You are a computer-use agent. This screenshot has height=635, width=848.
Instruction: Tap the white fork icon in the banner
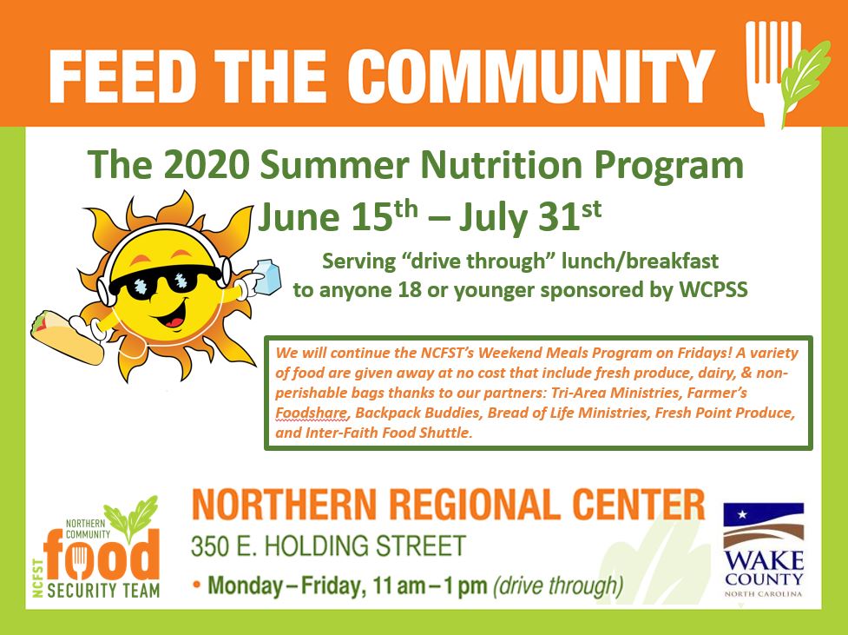(x=772, y=70)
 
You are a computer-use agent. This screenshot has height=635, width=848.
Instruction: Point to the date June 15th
(x=338, y=216)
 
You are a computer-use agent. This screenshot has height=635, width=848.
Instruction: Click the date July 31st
(x=530, y=216)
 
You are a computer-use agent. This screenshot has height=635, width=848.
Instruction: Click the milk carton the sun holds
(x=267, y=276)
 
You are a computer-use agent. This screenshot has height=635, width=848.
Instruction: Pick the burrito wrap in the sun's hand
(x=67, y=337)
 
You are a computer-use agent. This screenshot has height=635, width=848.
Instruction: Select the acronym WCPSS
(x=713, y=289)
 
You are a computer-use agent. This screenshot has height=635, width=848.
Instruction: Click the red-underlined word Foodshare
(x=311, y=413)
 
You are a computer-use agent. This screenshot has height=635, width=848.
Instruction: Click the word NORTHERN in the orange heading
(x=283, y=505)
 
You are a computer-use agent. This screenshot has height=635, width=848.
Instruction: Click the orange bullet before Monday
(x=197, y=585)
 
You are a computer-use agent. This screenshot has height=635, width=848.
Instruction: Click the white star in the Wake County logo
(x=742, y=514)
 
